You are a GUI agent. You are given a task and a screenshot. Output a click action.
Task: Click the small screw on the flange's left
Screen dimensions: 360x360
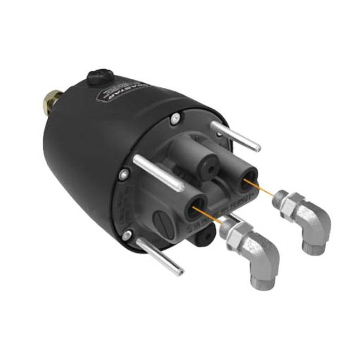(124, 174)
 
